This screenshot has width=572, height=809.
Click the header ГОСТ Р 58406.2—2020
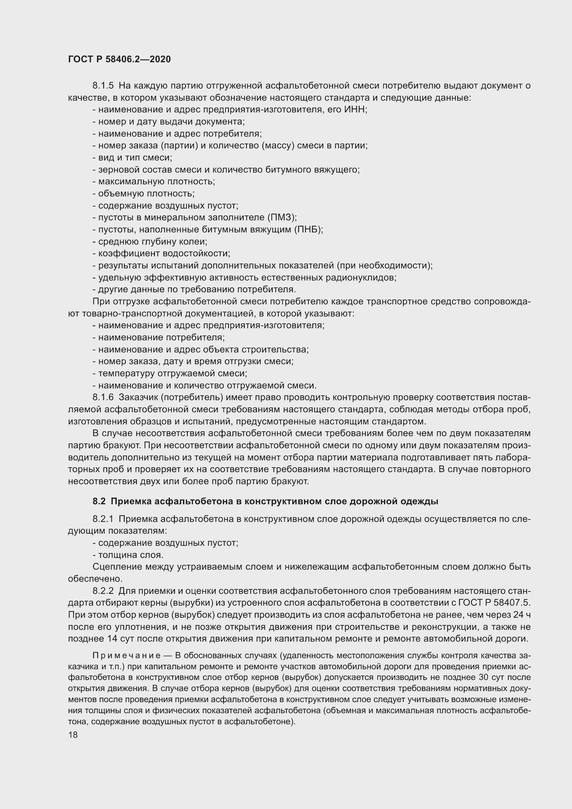tap(119, 59)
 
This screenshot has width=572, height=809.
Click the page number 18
tap(73, 735)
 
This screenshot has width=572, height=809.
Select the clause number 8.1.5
tap(103, 86)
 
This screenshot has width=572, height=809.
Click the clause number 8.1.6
tap(103, 397)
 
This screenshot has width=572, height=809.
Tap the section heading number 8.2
tap(99, 501)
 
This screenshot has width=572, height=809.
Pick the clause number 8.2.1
tap(103, 519)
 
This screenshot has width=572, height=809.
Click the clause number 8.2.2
tap(103, 590)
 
